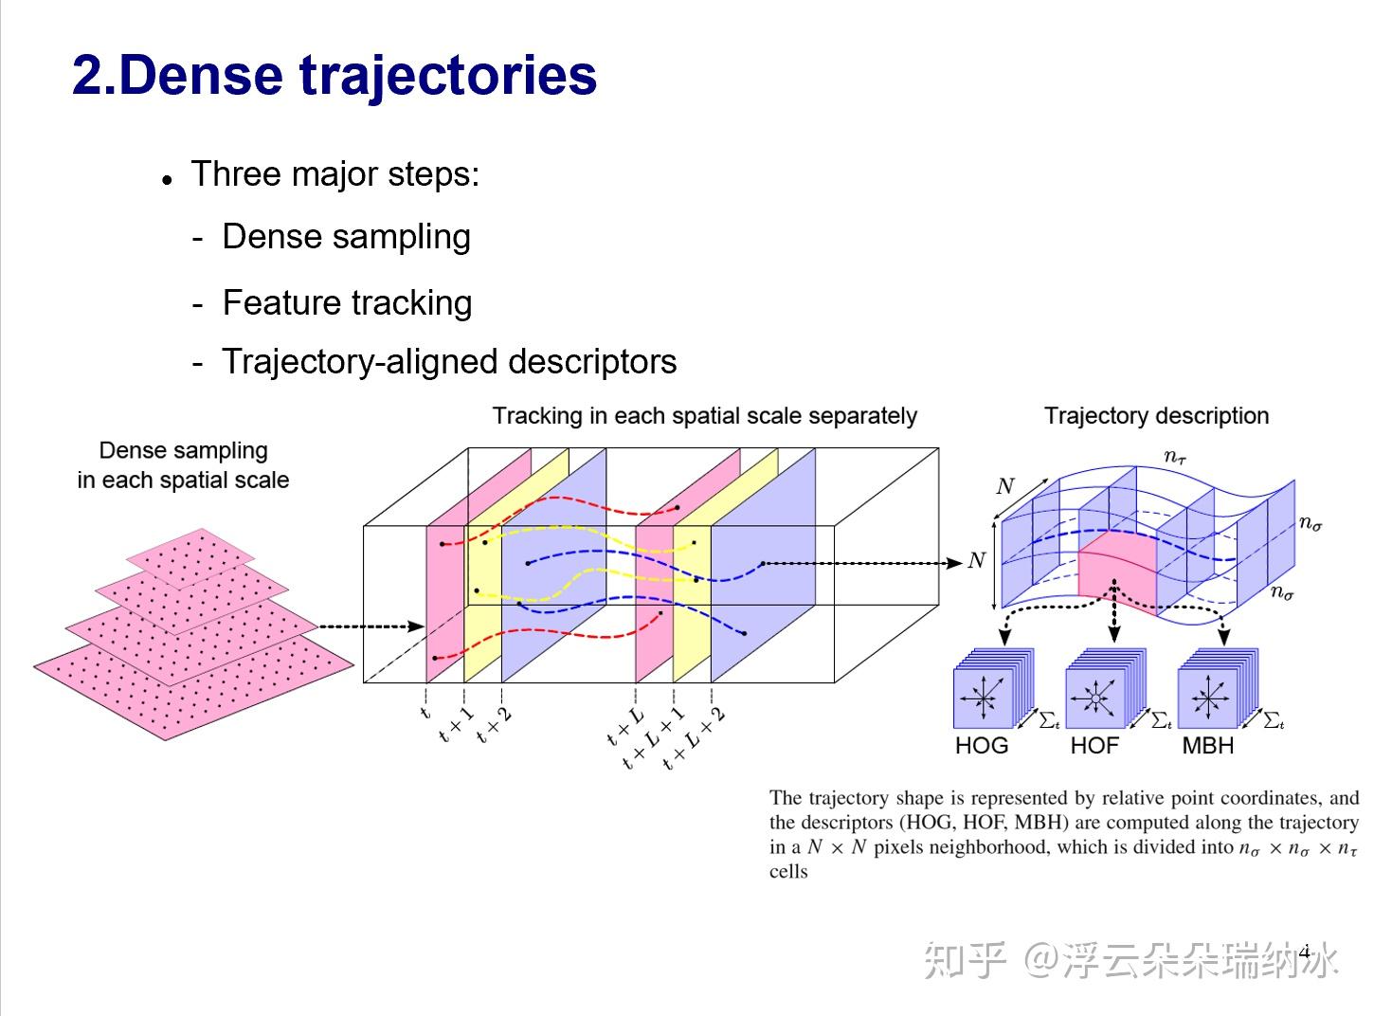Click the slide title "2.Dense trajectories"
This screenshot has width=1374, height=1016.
tap(334, 76)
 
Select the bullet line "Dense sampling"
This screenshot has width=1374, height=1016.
tap(346, 237)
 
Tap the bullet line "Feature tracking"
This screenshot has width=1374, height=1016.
tap(347, 303)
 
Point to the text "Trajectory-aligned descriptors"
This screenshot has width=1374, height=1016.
tap(449, 362)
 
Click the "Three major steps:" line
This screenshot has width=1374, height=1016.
tap(334, 174)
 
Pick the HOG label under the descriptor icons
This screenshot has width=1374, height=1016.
tap(982, 746)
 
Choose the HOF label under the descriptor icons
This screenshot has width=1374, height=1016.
tap(1094, 746)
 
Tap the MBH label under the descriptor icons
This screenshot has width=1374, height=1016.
tap(1207, 746)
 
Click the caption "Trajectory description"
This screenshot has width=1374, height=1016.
tap(1156, 416)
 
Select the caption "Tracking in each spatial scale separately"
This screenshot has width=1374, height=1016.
tap(704, 416)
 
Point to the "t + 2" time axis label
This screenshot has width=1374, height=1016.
tap(494, 726)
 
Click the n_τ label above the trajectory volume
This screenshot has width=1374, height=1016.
tap(1175, 458)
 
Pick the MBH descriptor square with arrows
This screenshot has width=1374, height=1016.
tap(1208, 698)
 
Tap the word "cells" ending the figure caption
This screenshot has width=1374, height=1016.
tap(788, 872)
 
